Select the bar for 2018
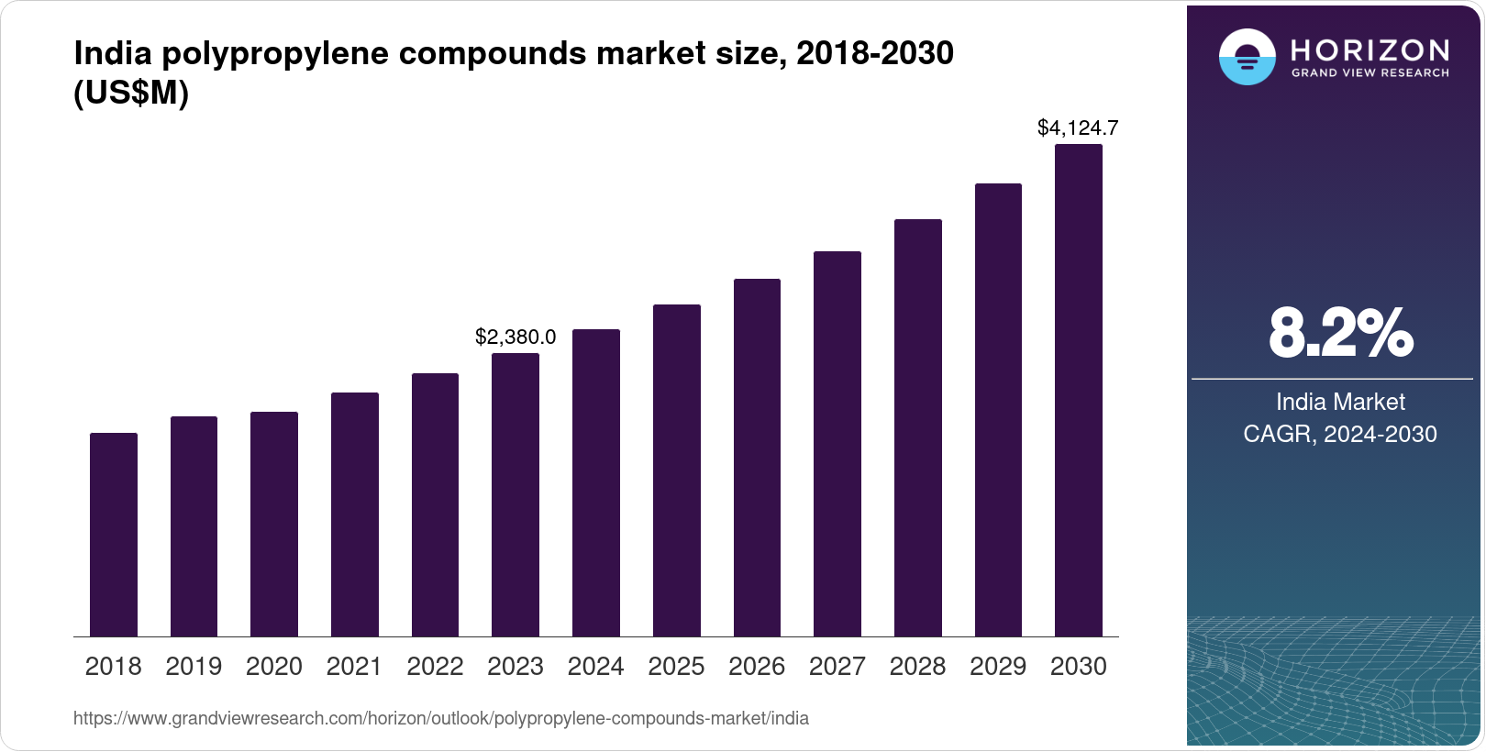pyautogui.click(x=114, y=535)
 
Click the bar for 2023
pyautogui.click(x=516, y=495)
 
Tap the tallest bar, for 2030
pyautogui.click(x=1079, y=391)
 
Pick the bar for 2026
pyautogui.click(x=757, y=458)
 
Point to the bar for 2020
pyautogui.click(x=274, y=524)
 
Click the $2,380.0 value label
pyautogui.click(x=516, y=337)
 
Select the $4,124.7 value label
pyautogui.click(x=1078, y=128)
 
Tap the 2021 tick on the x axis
pyautogui.click(x=354, y=667)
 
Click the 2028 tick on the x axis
pyautogui.click(x=917, y=667)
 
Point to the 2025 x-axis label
pyautogui.click(x=676, y=667)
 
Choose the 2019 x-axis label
pyautogui.click(x=194, y=667)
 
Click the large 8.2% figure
pyautogui.click(x=1340, y=334)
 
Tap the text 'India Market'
pyautogui.click(x=1340, y=402)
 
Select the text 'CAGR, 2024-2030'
pyautogui.click(x=1340, y=434)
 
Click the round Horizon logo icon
pyautogui.click(x=1247, y=57)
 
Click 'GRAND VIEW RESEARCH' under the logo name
pyautogui.click(x=1370, y=72)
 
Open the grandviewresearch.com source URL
pyautogui.click(x=441, y=718)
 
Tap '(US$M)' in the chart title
pyautogui.click(x=131, y=93)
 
